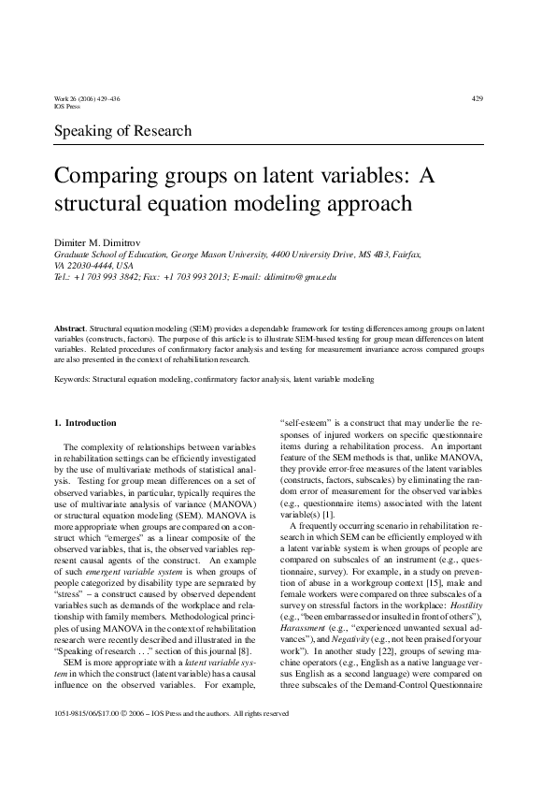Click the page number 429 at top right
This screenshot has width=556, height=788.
(478, 98)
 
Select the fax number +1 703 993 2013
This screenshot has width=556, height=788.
(196, 278)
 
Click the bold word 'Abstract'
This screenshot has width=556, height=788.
(70, 330)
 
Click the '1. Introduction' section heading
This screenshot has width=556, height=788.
(86, 423)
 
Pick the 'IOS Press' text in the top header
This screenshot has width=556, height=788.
(68, 107)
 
